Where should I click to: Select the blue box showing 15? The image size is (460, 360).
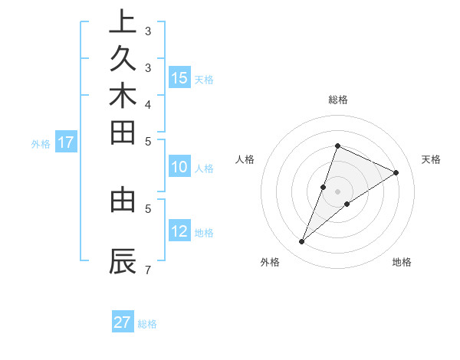pyautogui.click(x=179, y=77)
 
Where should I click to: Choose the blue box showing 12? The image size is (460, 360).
pyautogui.click(x=179, y=231)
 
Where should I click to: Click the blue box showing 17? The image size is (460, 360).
pyautogui.click(x=66, y=142)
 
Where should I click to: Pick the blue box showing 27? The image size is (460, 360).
pyautogui.click(x=123, y=322)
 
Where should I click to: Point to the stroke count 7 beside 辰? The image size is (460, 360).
pyautogui.click(x=147, y=270)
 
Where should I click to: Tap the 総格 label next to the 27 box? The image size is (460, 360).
pyautogui.click(x=147, y=324)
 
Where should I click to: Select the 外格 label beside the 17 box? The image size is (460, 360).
pyautogui.click(x=41, y=143)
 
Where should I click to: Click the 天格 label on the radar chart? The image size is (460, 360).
pyautogui.click(x=431, y=159)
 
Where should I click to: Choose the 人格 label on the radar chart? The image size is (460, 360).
pyautogui.click(x=245, y=159)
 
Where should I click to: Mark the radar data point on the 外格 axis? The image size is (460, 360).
pyautogui.click(x=302, y=242)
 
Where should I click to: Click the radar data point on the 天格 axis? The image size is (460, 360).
pyautogui.click(x=396, y=172)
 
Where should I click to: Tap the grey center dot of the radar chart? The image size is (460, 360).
pyautogui.click(x=337, y=191)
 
